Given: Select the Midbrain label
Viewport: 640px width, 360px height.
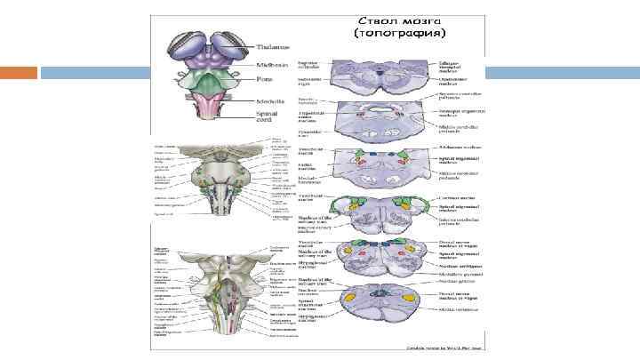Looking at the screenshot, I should tap(270, 64).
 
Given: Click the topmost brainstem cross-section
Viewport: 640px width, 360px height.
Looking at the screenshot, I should tap(377, 76).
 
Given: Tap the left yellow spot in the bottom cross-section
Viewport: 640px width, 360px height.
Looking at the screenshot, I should tap(350, 297).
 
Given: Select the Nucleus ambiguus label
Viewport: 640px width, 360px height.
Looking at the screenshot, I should tap(459, 265).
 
